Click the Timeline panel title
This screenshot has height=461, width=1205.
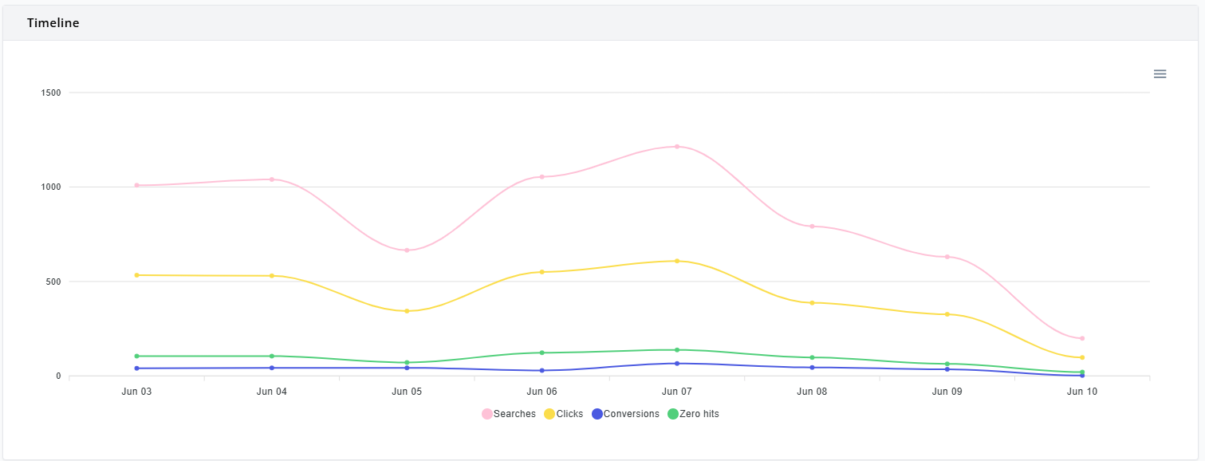53,23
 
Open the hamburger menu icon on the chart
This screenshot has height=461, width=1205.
1160,74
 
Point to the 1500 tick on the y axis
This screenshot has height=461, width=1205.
51,93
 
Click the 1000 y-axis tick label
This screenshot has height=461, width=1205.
51,187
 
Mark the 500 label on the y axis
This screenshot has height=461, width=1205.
53,282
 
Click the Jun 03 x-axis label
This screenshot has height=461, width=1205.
136,392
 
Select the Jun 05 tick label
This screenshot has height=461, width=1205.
407,392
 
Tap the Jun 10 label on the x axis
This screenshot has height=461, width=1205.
1081,392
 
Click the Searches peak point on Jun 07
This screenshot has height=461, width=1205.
676,147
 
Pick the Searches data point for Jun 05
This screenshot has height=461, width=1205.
407,250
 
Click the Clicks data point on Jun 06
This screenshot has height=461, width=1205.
541,272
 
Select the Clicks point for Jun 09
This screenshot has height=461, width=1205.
947,314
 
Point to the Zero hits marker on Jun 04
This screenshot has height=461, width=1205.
272,356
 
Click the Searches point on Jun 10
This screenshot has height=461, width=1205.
1081,338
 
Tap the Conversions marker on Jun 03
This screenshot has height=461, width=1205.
136,368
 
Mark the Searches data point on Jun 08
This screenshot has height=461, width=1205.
812,227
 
